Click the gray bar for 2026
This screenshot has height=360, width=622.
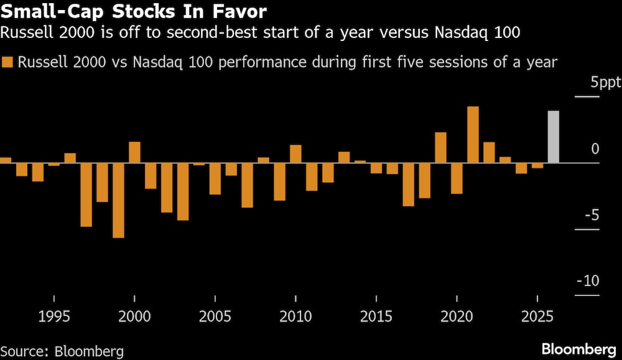(x=553, y=137)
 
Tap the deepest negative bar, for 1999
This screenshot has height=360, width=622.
(x=118, y=200)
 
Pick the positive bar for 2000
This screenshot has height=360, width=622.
(x=134, y=152)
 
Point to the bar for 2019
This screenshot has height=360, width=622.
(x=440, y=147)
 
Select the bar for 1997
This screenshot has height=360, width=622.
(x=86, y=195)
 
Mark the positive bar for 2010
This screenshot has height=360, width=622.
(x=295, y=154)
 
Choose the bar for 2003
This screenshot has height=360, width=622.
(x=183, y=192)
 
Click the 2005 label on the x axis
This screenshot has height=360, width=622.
(x=215, y=316)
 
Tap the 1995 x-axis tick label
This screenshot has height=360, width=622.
(x=53, y=316)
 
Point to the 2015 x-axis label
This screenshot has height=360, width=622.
(x=376, y=316)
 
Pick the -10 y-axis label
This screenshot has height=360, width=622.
(x=588, y=281)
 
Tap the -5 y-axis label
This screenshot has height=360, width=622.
(x=591, y=215)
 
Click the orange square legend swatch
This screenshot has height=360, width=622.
(x=8, y=62)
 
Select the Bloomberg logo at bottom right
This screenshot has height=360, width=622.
(x=577, y=349)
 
